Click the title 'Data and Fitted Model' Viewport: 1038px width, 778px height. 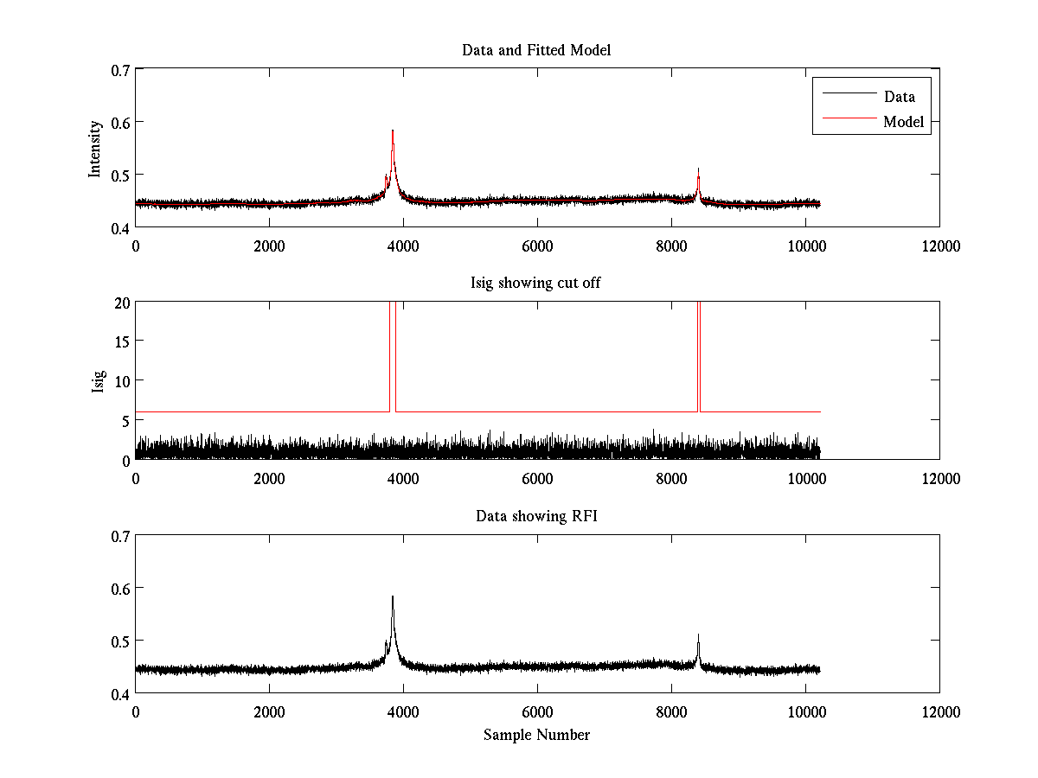(536, 50)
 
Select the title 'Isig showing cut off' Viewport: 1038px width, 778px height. (536, 284)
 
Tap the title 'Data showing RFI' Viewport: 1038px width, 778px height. (536, 516)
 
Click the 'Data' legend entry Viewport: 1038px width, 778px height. (899, 97)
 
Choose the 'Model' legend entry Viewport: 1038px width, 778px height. (903, 122)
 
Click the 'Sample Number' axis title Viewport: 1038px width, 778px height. (536, 735)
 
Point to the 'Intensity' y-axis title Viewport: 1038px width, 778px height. (96, 148)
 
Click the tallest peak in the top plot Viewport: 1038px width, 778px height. (393, 131)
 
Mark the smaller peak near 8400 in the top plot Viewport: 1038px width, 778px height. (698, 170)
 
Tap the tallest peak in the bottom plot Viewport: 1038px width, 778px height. (393, 596)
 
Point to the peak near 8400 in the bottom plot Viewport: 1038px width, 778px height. (698, 635)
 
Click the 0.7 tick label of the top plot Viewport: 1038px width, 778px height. (119, 69)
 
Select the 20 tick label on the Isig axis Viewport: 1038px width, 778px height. (120, 303)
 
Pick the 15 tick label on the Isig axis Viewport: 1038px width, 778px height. (120, 341)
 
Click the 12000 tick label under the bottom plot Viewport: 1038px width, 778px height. (939, 711)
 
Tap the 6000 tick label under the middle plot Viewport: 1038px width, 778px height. (536, 478)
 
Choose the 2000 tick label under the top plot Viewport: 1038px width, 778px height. (269, 246)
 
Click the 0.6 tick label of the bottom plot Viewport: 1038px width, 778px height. (119, 588)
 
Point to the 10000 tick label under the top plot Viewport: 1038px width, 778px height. (804, 246)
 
